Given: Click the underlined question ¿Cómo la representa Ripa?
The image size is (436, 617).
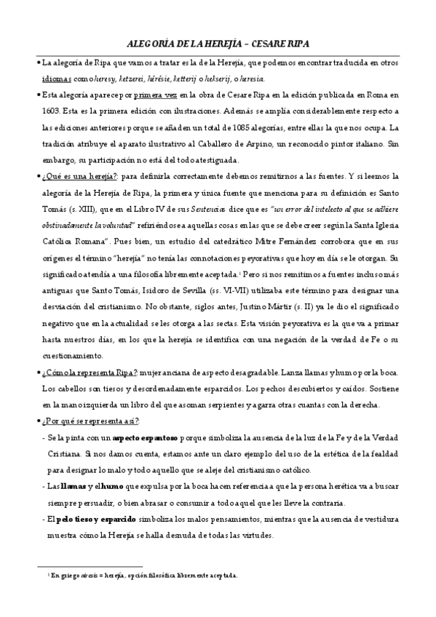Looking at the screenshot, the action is tap(90, 372).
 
